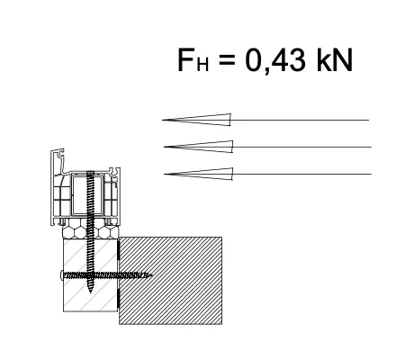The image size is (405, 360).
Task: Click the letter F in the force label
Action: point(186,59)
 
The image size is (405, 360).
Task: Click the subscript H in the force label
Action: point(202,65)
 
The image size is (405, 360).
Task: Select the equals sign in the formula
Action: point(227,60)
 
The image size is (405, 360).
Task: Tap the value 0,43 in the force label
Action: point(275,60)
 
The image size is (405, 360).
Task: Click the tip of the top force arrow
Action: point(162,120)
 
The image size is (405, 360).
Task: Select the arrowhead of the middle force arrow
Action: point(198,147)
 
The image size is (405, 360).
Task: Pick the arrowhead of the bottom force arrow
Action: point(198,174)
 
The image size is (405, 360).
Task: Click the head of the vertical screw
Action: point(90,174)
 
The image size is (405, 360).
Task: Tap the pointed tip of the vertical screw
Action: point(90,292)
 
